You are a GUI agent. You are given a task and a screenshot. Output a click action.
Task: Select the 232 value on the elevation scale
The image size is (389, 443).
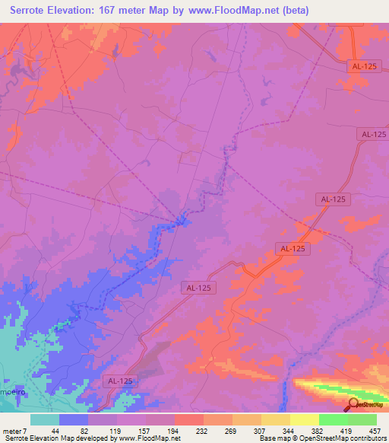188,430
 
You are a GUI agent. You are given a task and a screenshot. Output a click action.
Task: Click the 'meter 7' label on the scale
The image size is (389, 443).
14,430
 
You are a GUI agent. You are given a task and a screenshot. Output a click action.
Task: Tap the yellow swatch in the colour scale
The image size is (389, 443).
303,419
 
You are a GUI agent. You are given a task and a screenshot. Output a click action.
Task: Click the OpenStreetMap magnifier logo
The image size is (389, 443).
353,404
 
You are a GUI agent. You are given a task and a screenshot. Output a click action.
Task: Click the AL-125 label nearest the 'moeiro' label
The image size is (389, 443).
119,381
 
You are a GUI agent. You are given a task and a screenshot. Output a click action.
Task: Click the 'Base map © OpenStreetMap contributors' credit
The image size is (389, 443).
321,438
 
